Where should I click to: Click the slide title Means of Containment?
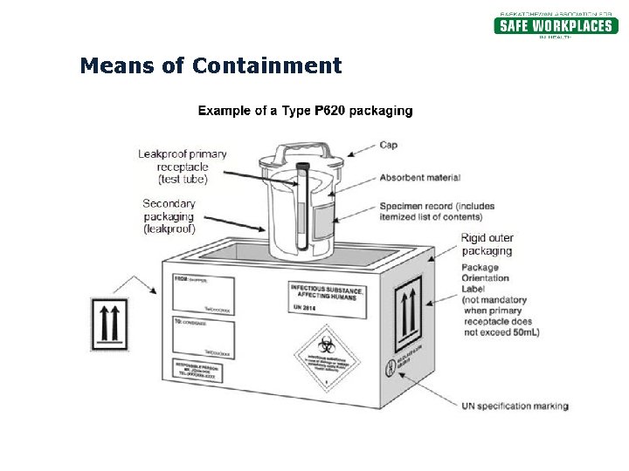(211, 65)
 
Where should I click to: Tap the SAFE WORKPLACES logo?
(555, 25)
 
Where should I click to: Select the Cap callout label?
(389, 145)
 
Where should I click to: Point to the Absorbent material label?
(419, 178)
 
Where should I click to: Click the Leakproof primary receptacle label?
(183, 167)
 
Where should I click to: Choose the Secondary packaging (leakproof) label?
(169, 216)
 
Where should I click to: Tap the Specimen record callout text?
(437, 211)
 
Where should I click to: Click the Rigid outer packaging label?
(487, 244)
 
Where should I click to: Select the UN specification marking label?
(515, 406)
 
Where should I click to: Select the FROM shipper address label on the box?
(203, 295)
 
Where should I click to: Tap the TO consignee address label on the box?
(203, 338)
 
